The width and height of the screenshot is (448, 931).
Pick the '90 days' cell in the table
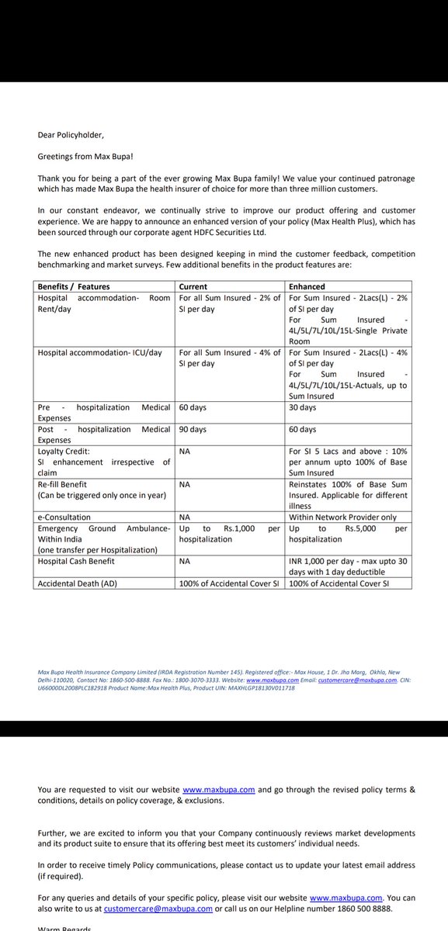[x=193, y=429]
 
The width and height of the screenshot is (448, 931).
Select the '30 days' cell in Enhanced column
[x=303, y=407]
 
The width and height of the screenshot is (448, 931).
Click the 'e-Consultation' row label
[x=64, y=517]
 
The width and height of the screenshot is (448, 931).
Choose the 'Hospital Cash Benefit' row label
[x=76, y=561]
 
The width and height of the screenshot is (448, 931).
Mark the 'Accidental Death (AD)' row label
[x=76, y=583]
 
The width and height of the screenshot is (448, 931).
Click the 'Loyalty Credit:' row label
[x=64, y=451]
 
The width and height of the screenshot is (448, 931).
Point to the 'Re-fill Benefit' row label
[x=64, y=484]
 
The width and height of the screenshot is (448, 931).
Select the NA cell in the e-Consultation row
[x=185, y=517]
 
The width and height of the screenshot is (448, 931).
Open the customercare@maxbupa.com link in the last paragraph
[x=169, y=909]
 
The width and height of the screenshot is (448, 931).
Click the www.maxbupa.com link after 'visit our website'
[x=218, y=768]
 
